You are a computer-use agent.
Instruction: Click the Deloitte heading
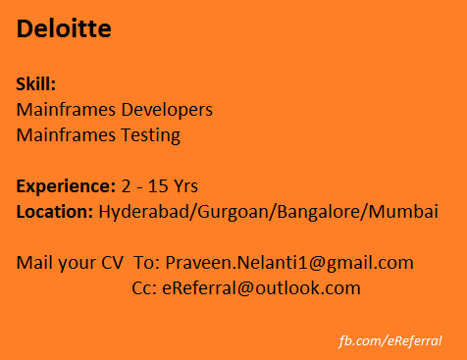64,29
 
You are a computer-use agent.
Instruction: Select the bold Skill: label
36,84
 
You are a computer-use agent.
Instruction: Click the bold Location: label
55,211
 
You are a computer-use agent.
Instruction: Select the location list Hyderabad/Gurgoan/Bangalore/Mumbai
268,211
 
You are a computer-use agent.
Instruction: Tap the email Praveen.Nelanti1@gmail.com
289,263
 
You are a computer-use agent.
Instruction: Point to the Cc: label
144,288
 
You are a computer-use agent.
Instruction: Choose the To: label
146,263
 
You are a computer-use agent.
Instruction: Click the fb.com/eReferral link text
389,340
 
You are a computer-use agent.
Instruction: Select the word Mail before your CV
33,263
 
